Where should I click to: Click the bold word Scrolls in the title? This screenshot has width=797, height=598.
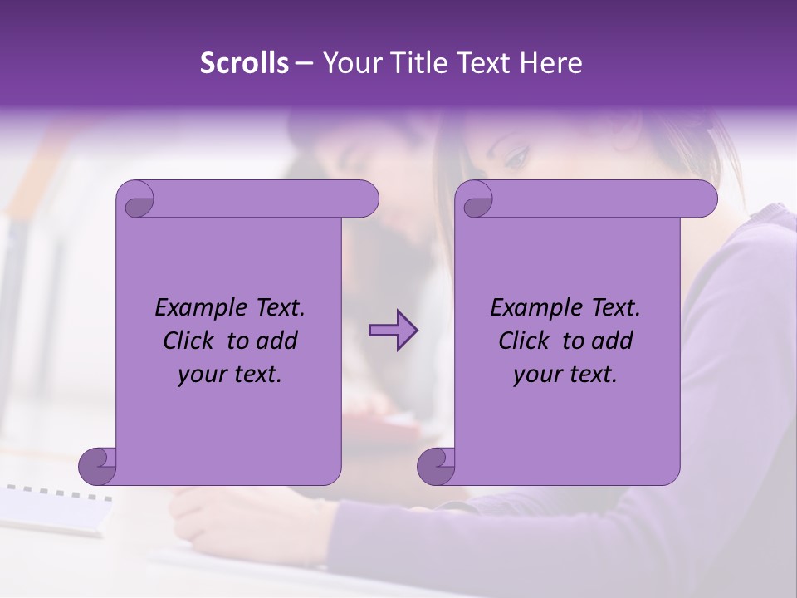tap(244, 63)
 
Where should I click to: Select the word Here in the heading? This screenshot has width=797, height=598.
tap(552, 63)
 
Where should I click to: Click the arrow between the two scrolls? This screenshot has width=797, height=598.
tap(393, 331)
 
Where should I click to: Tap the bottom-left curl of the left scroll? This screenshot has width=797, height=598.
tap(96, 465)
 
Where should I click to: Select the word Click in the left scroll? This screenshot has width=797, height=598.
tap(189, 341)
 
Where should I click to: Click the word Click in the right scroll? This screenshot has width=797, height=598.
tap(525, 341)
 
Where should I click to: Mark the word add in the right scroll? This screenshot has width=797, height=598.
tap(614, 341)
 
